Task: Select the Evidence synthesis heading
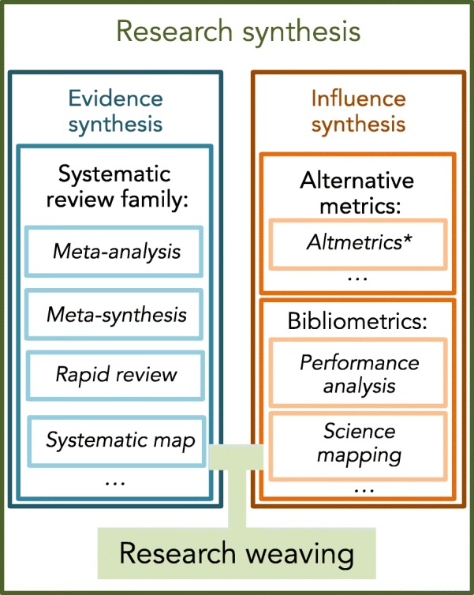pos(115,111)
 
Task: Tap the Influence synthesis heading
pos(358,111)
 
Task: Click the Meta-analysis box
pos(116,252)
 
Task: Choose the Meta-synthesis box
pos(116,314)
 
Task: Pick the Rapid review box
pos(116,373)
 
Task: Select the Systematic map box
pos(119,440)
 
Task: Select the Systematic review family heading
pos(115,187)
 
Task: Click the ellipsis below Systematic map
pos(115,479)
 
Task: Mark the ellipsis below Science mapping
pos(362,488)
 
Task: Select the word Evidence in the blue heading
pos(115,99)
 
